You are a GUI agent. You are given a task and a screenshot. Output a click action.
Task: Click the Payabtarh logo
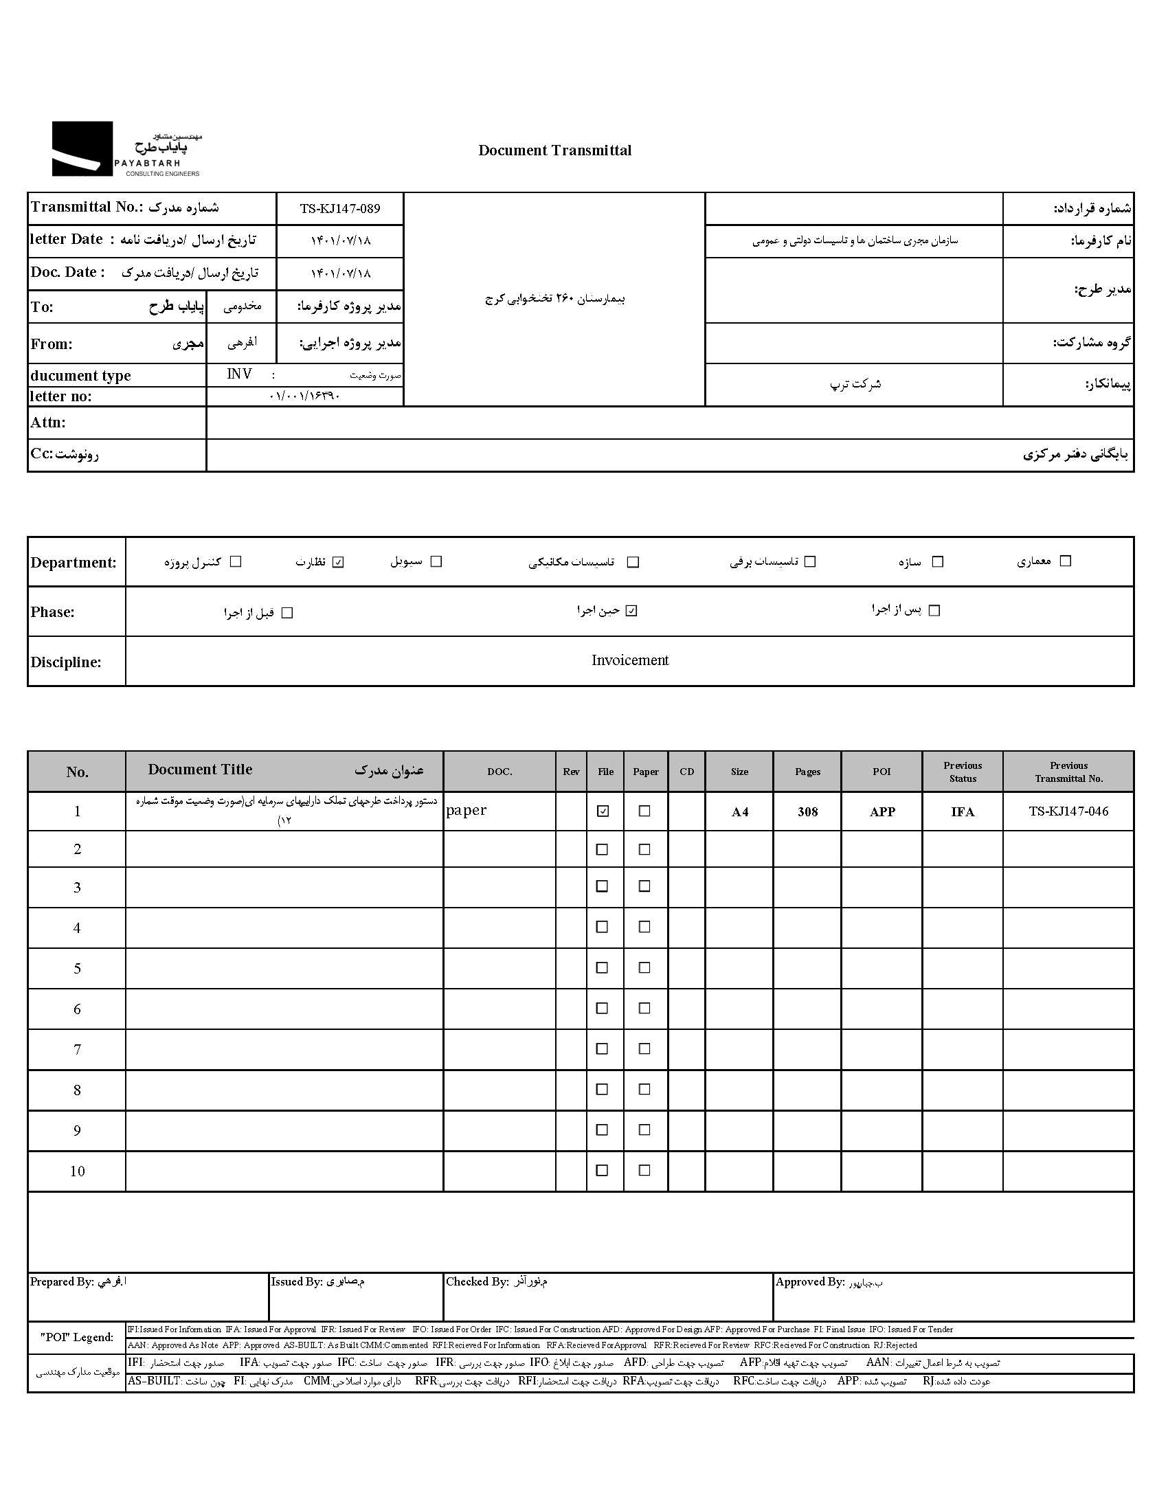(126, 149)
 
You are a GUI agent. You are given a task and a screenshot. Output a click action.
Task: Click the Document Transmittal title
(554, 151)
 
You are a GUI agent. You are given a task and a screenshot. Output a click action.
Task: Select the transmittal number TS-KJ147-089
(339, 209)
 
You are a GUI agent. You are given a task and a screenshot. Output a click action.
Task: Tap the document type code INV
(239, 374)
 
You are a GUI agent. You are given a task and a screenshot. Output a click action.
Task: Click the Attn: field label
(48, 423)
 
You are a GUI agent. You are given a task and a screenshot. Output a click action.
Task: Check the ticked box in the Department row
(338, 562)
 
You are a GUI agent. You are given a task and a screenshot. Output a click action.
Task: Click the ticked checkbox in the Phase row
(631, 611)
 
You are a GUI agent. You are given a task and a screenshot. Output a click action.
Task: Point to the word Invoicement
(629, 660)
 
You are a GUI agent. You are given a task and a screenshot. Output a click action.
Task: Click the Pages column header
(807, 772)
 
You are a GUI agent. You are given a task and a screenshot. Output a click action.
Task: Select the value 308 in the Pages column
(807, 812)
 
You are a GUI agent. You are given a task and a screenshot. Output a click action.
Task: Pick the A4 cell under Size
(740, 812)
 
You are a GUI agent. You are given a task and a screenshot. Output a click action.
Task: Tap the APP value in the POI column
(882, 812)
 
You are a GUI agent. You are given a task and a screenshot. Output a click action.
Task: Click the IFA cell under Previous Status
(962, 812)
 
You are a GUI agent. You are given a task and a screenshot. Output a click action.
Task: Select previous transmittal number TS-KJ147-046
(1068, 811)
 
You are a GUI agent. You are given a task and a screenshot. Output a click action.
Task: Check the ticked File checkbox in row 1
(603, 811)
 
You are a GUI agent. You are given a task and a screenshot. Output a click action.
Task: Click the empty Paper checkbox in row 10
(644, 1170)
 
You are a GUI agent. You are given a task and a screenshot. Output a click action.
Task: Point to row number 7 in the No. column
(77, 1049)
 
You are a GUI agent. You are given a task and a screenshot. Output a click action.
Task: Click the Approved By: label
(810, 1281)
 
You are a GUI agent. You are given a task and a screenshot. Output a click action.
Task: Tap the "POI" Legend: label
(76, 1337)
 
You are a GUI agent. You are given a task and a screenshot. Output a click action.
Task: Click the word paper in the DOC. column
(467, 811)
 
